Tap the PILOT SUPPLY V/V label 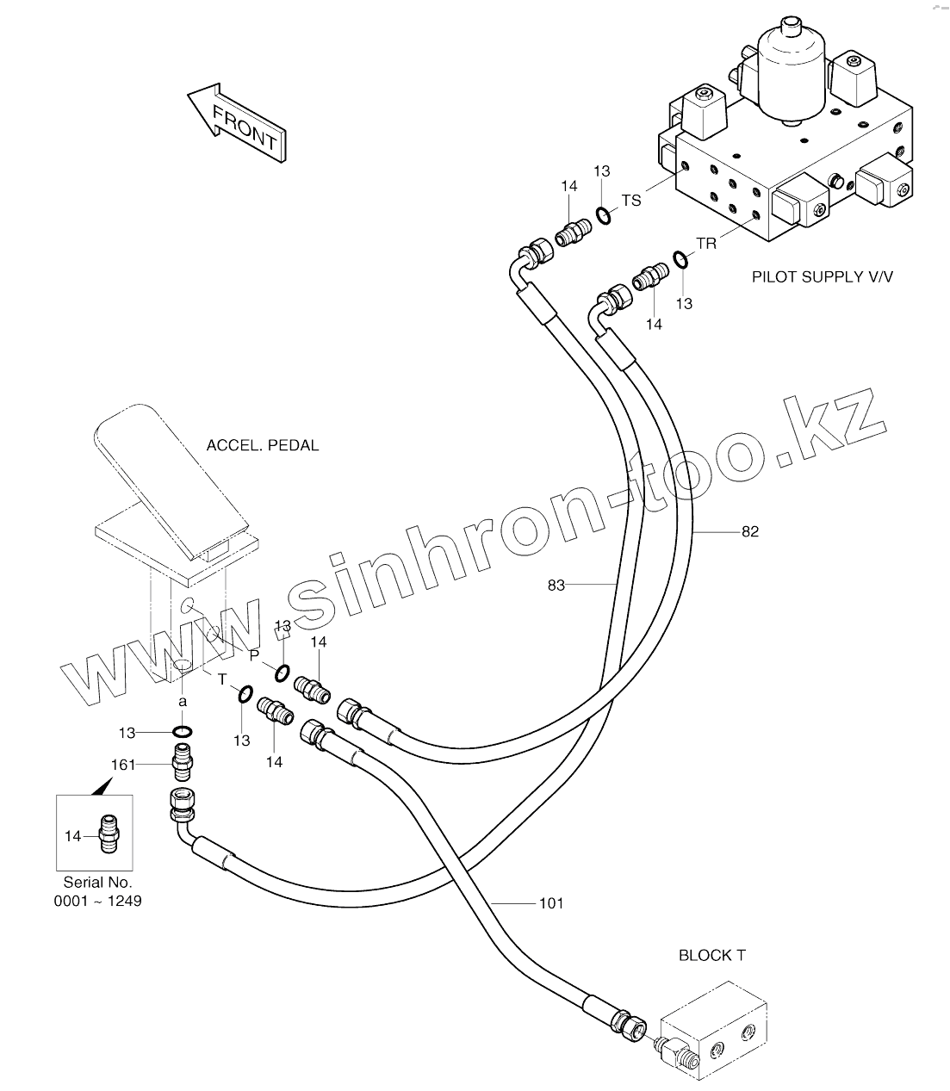pos(823,276)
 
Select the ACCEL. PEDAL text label pos(263,445)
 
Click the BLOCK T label pos(712,955)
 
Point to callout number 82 pos(750,531)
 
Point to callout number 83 pos(556,586)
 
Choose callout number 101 pos(551,903)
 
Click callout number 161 pos(124,764)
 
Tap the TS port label pos(631,200)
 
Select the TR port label pos(706,244)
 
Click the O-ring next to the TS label pos(605,215)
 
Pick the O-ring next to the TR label pos(680,259)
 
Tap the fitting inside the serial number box pos(109,834)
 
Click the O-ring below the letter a pos(182,732)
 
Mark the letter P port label pos(253,654)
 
